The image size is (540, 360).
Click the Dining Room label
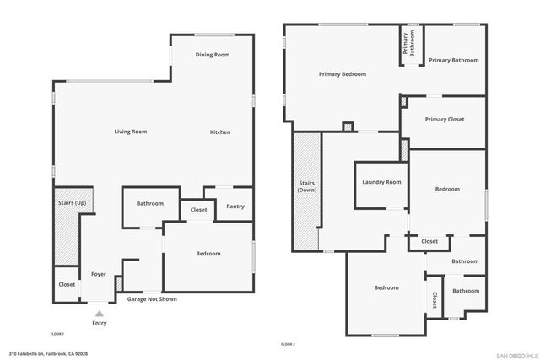pyautogui.click(x=213, y=55)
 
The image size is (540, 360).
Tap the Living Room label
pyautogui.click(x=131, y=132)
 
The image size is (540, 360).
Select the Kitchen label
pyautogui.click(x=220, y=132)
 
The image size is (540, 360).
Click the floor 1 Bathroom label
pyautogui.click(x=150, y=203)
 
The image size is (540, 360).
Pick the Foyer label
pyautogui.click(x=99, y=274)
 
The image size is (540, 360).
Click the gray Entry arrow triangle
pyautogui.click(x=100, y=313)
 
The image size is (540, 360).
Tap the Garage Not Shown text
pyautogui.click(x=152, y=299)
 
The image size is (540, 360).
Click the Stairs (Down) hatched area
pyautogui.click(x=307, y=191)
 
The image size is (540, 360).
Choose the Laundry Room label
pyautogui.click(x=380, y=183)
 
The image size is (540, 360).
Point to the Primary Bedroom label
pyautogui.click(x=343, y=74)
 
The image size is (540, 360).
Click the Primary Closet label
pyautogui.click(x=445, y=120)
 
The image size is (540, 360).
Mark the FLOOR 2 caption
pyautogui.click(x=288, y=344)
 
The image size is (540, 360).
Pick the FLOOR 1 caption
pyautogui.click(x=57, y=334)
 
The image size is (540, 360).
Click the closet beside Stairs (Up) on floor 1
pyautogui.click(x=67, y=284)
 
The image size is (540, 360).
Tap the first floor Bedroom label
pyautogui.click(x=208, y=254)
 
